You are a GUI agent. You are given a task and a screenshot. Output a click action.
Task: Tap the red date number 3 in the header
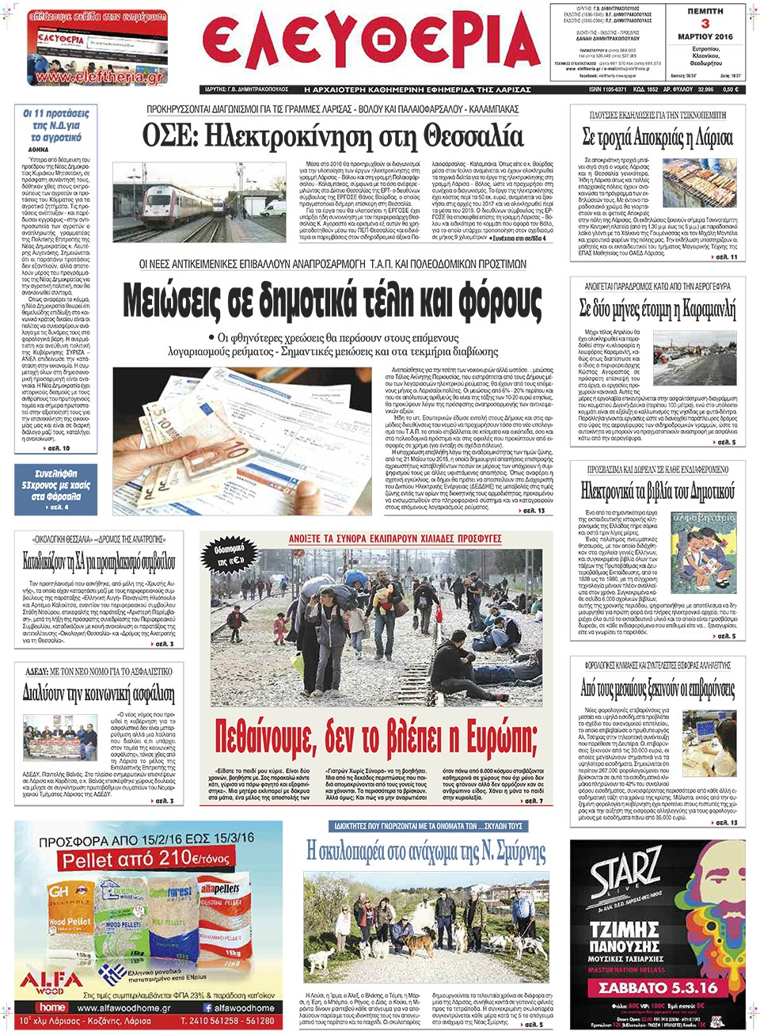tap(705, 24)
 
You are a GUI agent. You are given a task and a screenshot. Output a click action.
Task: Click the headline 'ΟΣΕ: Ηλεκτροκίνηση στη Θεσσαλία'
tap(332, 135)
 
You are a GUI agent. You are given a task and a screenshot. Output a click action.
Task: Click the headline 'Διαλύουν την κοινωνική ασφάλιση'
tap(99, 693)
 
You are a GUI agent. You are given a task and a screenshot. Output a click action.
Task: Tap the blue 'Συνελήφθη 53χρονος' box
tap(55, 489)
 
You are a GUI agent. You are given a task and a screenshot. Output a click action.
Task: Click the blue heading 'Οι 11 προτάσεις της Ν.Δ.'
tap(55, 125)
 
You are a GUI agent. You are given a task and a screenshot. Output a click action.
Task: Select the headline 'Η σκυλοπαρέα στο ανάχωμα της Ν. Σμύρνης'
tap(426, 851)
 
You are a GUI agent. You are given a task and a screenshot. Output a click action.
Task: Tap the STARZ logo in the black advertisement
tap(625, 872)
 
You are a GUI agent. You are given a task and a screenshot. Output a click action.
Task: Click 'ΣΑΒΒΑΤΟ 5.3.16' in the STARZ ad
tap(658, 987)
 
